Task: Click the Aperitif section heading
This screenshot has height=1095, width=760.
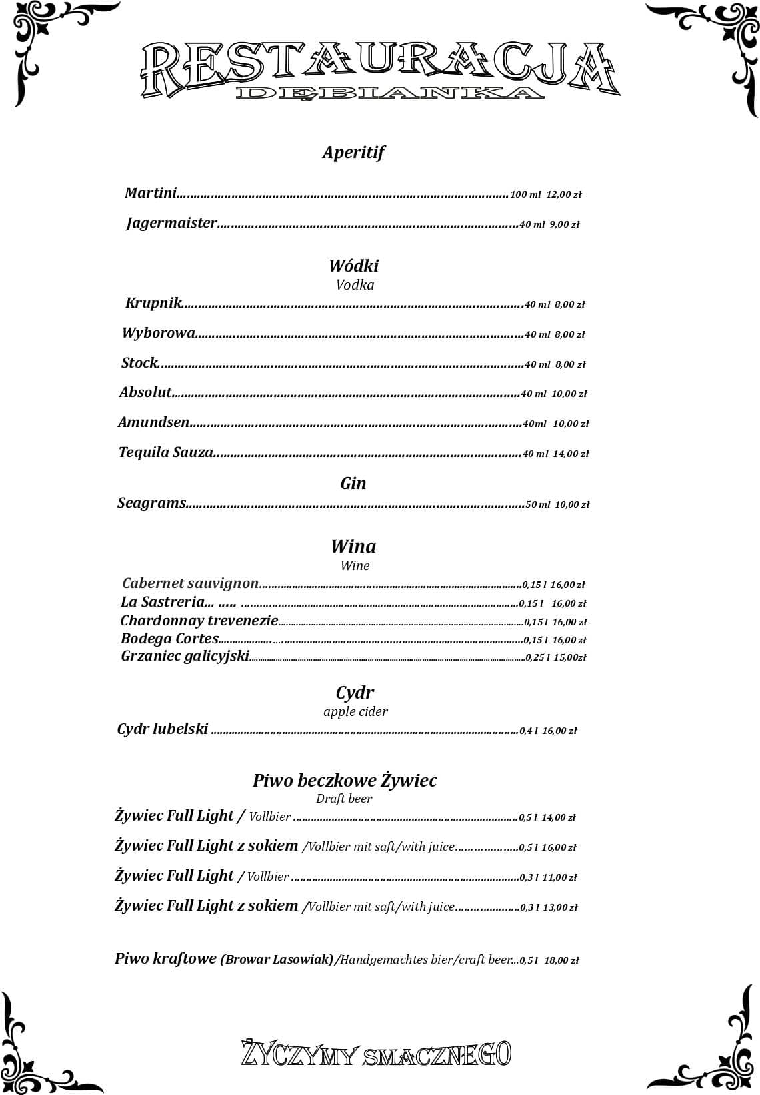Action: tap(353, 153)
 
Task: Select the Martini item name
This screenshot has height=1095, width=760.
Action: tap(151, 193)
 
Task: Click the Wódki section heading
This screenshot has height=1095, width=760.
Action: tap(353, 266)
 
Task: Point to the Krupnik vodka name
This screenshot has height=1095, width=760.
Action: tap(153, 303)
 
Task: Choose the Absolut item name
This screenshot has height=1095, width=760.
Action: tap(145, 392)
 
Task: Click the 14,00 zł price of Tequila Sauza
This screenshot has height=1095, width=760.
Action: tap(571, 454)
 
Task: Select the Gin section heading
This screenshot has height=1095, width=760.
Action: tap(353, 483)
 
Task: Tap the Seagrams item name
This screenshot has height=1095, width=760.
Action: tap(151, 503)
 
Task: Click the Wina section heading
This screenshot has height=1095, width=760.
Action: tap(353, 546)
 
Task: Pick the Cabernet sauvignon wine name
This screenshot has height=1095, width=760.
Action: tap(190, 583)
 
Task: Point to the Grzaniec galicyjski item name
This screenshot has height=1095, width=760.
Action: tap(185, 656)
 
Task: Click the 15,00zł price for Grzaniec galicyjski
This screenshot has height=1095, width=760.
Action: tap(570, 657)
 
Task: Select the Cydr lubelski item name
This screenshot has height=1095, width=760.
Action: tap(163, 729)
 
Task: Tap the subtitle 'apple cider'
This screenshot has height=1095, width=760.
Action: tap(355, 711)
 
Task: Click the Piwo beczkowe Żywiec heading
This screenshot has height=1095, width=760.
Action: tap(345, 780)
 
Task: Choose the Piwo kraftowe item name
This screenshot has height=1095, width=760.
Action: tap(166, 959)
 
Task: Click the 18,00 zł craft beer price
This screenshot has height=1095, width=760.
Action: tap(562, 960)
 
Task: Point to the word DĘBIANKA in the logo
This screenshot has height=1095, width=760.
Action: tap(389, 93)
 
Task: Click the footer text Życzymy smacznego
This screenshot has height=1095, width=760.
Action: tap(376, 1054)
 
